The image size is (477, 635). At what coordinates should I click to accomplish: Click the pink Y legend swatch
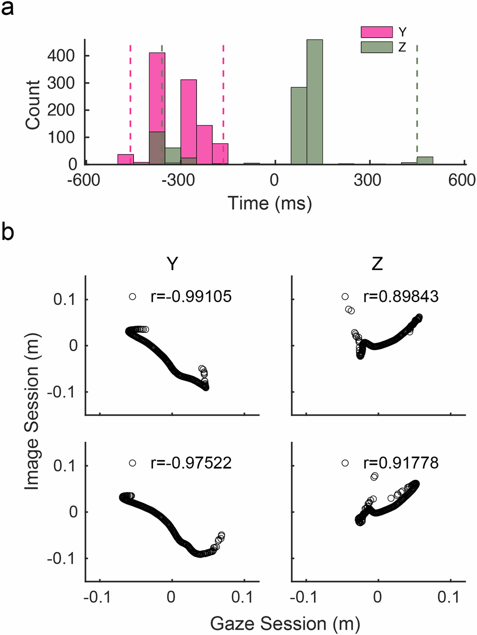click(376, 32)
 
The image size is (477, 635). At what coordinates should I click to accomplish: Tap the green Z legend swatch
click(376, 47)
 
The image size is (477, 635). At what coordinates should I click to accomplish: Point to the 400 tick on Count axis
click(62, 56)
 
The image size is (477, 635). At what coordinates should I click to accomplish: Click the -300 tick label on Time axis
click(177, 180)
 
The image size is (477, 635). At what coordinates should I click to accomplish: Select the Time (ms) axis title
click(270, 203)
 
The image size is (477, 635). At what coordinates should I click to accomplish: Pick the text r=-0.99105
click(191, 296)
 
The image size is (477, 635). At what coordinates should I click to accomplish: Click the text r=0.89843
click(401, 296)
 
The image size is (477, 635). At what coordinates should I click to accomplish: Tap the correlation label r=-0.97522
click(191, 463)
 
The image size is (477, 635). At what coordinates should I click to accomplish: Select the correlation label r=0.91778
click(401, 463)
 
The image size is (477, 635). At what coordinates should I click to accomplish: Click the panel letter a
click(8, 9)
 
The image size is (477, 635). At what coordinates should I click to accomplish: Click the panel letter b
click(8, 232)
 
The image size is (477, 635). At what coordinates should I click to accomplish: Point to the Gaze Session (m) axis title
click(285, 624)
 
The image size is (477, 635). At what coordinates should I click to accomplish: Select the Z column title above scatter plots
click(377, 263)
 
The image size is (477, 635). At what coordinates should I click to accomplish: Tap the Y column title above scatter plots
click(172, 263)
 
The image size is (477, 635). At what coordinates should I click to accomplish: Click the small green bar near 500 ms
click(425, 161)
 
